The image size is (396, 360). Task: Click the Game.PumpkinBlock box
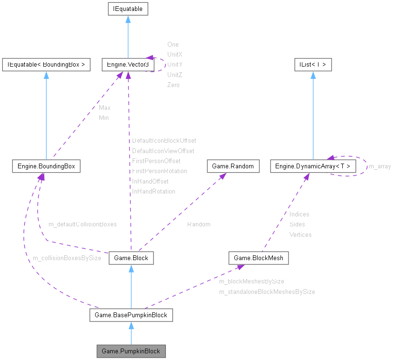pos(131,351)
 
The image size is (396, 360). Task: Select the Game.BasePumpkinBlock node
pos(131,315)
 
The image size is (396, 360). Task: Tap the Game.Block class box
pos(131,258)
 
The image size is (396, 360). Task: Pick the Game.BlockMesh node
pos(259,258)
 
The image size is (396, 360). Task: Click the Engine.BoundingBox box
pos(46,166)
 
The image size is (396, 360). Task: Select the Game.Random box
pos(233,166)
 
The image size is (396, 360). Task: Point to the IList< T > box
pos(312,65)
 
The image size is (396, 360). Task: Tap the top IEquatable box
pos(127,9)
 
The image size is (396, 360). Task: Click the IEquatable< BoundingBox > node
pos(46,65)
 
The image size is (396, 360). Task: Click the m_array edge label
pos(380,166)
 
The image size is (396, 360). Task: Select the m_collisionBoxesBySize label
pos(67,258)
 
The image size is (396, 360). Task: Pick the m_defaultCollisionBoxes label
pos(82,224)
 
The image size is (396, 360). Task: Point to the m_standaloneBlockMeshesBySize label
pos(267,292)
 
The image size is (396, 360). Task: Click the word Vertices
pos(300,234)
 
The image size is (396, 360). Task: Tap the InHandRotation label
pos(154,191)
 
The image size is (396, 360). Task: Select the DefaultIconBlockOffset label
pos(164,140)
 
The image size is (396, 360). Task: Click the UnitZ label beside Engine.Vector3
pos(174,75)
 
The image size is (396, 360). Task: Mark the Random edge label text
pos(199,224)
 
